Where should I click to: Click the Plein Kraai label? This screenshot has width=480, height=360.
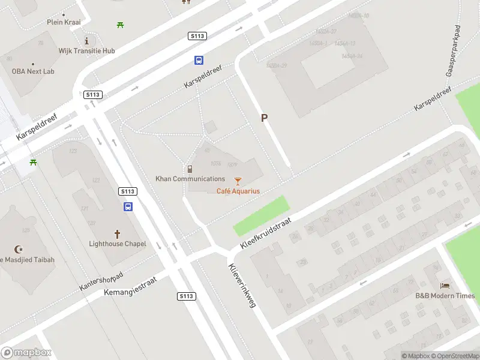pos(64,22)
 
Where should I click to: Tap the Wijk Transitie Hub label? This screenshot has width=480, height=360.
pos(86,51)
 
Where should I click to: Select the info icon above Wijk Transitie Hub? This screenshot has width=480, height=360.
pos(87,41)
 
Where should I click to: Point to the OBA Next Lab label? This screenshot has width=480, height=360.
pos(33,71)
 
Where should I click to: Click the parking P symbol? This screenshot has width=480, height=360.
pos(264,118)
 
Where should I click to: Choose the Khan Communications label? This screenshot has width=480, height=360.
pos(190,179)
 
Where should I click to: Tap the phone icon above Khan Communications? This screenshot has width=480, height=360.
pos(190,169)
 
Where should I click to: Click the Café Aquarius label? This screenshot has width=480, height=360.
pos(238,191)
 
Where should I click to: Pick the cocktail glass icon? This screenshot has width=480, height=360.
pos(238,181)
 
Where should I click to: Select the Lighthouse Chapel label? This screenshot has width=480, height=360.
pos(118,244)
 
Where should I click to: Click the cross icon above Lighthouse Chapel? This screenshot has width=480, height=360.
pos(118,233)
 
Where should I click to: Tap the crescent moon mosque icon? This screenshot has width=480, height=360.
pos(18,249)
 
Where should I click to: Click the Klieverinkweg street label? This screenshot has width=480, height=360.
pos(242,286)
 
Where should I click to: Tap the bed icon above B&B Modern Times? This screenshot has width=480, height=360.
pos(445,286)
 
